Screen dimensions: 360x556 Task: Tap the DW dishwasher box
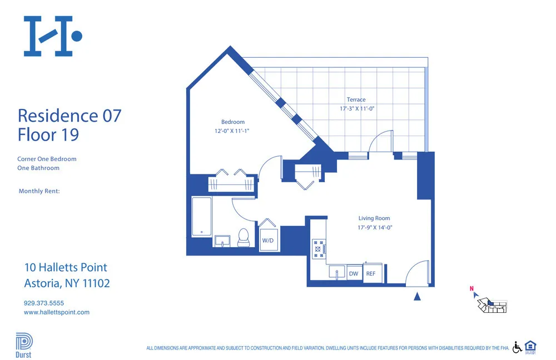pos(354,273)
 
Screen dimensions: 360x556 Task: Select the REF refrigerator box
pos(370,273)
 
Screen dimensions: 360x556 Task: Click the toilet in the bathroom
pos(243,237)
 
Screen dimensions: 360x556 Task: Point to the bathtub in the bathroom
pos(201,217)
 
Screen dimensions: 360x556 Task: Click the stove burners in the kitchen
pos(319,248)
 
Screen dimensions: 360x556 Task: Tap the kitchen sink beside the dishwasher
pos(336,273)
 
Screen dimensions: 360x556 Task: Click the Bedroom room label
pos(232,122)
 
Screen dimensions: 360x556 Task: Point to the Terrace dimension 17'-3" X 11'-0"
pos(356,109)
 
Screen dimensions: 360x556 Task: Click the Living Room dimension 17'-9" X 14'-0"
pos(375,227)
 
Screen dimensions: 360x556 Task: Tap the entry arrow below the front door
pos(417,297)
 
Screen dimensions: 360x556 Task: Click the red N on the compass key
pos(471,288)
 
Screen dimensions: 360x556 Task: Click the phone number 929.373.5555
pos(44,303)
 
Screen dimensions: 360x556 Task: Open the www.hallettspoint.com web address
pos(56,312)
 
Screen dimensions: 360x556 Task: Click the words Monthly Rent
pos(39,191)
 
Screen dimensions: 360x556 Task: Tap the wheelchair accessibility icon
pos(517,347)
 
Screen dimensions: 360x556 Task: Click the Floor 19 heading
pos(48,134)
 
